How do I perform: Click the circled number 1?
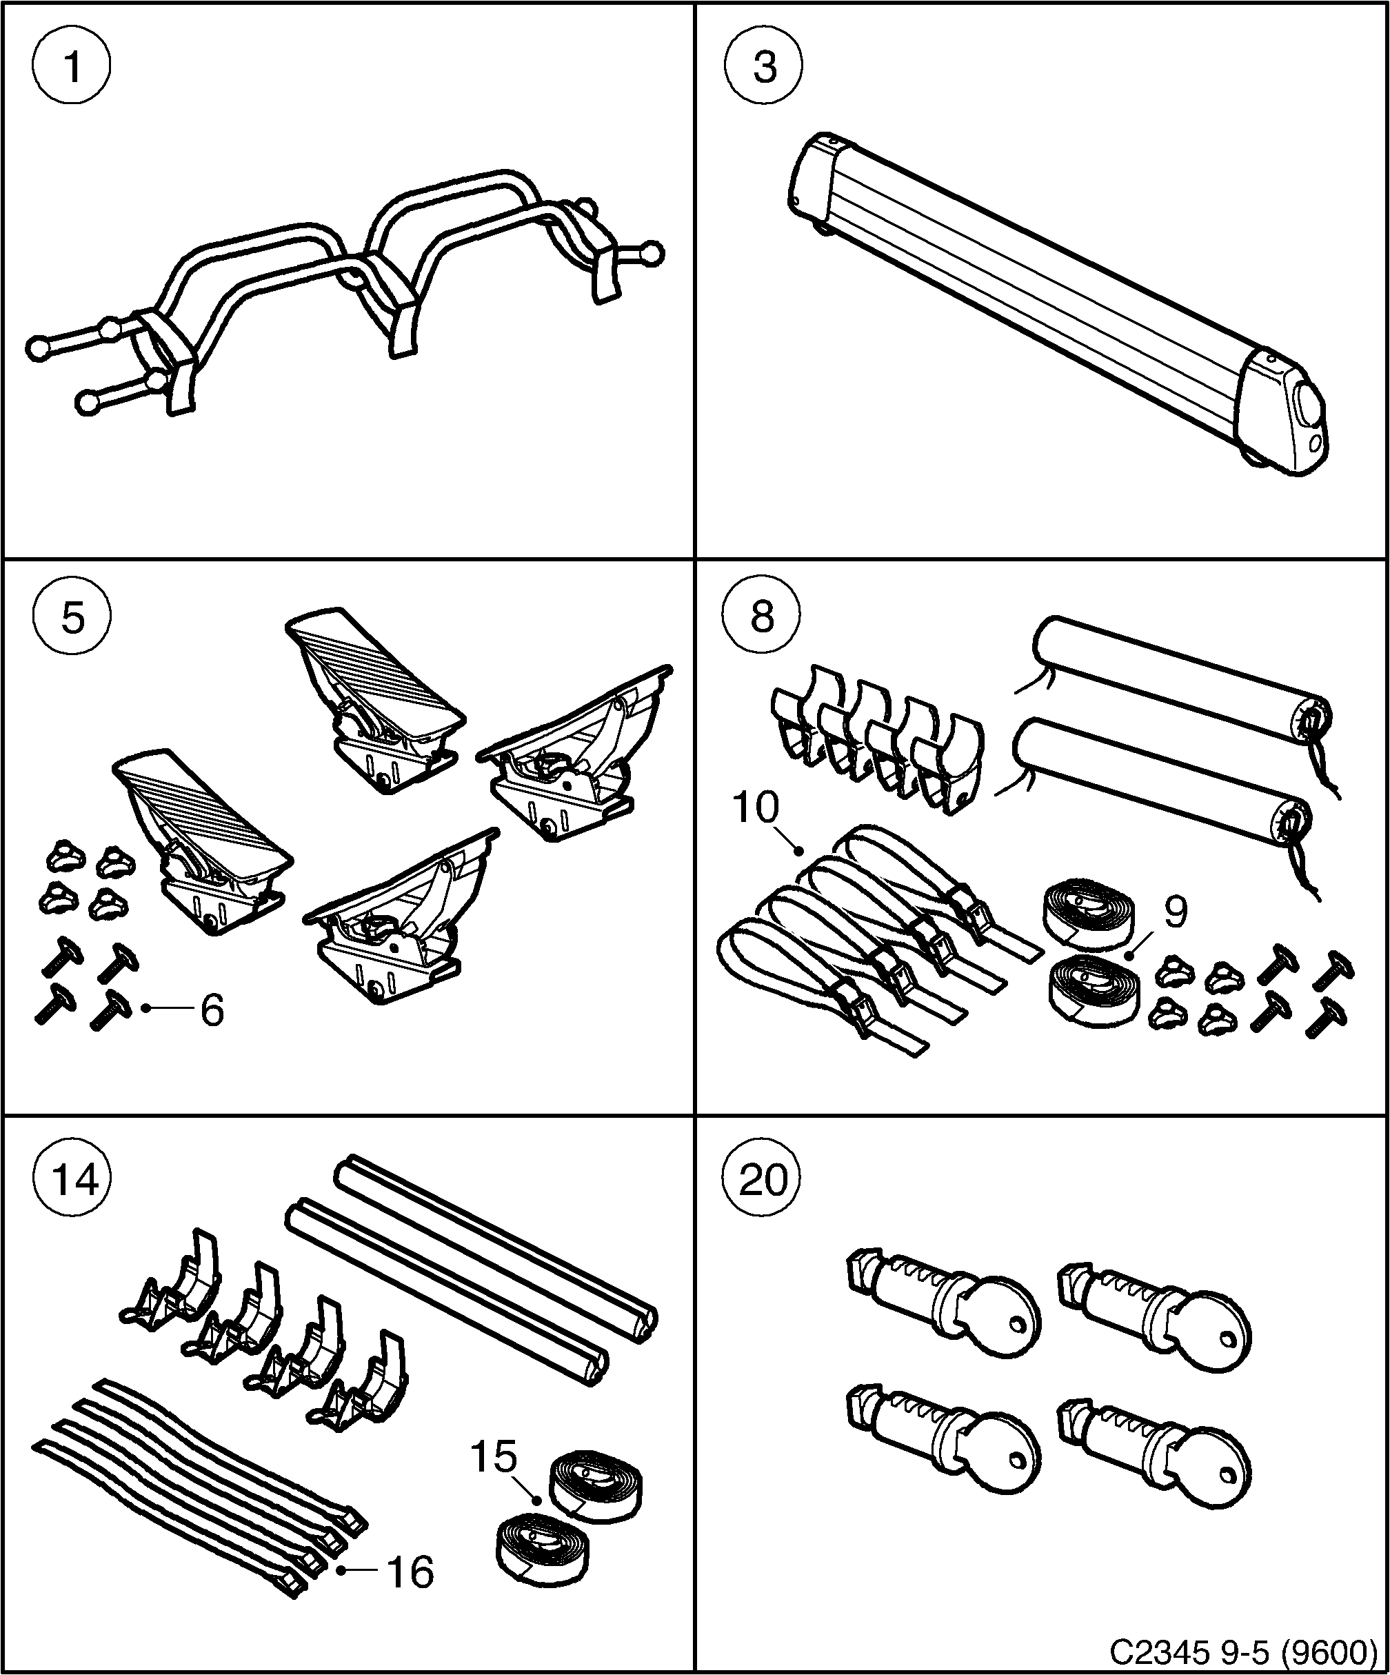point(72,66)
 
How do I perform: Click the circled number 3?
point(764,66)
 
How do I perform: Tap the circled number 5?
point(72,617)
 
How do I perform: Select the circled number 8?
point(763,617)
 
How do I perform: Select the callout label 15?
point(494,1456)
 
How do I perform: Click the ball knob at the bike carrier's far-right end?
point(652,253)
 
